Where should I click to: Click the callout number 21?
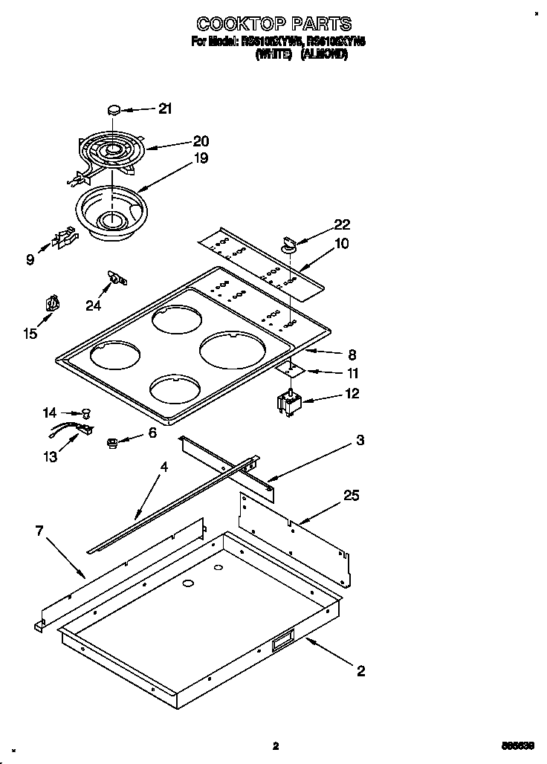[x=164, y=109]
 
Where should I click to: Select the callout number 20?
[x=201, y=140]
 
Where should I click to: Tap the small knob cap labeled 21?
[x=114, y=109]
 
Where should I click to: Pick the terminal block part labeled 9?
[x=64, y=239]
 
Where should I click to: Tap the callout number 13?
[x=50, y=457]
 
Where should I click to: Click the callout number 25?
[x=352, y=496]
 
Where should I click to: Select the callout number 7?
[x=39, y=531]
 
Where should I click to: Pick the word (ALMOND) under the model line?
[x=323, y=54]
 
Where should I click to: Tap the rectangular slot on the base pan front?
[x=282, y=641]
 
